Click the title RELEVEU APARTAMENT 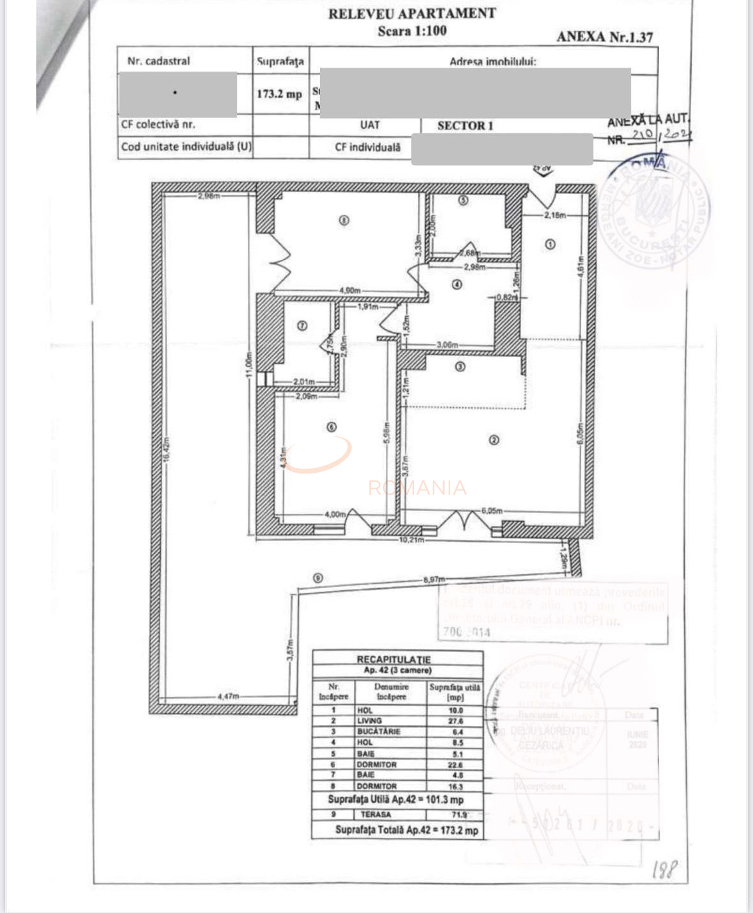coord(412,13)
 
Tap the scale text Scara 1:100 coord(412,31)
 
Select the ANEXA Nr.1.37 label coord(604,36)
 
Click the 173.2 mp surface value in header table coord(279,94)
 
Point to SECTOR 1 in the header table coord(465,126)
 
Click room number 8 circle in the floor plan coord(344,221)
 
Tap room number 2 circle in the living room coord(493,440)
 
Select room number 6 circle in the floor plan coord(331,427)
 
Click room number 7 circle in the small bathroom coord(303,325)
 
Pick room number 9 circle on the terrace coord(317,578)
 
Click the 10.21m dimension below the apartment coord(412,540)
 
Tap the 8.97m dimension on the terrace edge coord(434,579)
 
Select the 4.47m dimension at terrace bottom coord(228,697)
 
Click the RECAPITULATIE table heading coord(393,659)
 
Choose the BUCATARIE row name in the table coord(379,732)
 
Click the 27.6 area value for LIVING coord(455,721)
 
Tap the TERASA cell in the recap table coord(376,815)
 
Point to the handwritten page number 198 coord(664,870)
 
